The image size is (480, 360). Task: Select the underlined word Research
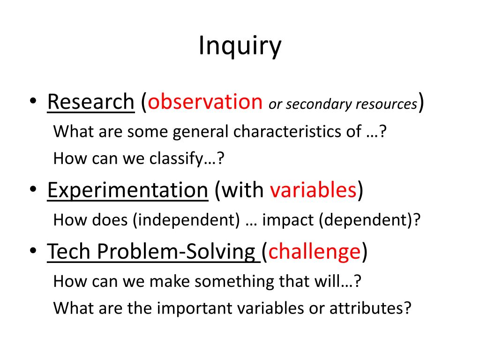(90, 102)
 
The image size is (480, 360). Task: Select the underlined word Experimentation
(127, 191)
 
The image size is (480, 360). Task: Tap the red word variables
(314, 191)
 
